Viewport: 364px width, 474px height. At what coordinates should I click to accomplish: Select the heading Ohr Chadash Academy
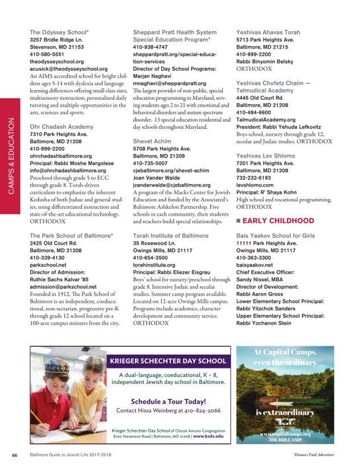point(62,127)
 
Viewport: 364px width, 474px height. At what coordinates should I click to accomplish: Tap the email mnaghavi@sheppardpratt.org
point(169,83)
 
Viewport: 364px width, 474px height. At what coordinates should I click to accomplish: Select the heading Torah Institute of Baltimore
point(170,235)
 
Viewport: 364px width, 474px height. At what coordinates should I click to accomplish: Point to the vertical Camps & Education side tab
point(11,148)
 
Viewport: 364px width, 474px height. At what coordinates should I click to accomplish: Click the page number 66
point(15,455)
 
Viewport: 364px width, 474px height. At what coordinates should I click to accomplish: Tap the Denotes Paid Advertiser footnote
point(313,455)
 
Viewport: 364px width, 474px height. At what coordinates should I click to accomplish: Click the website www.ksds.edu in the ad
point(208,436)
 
